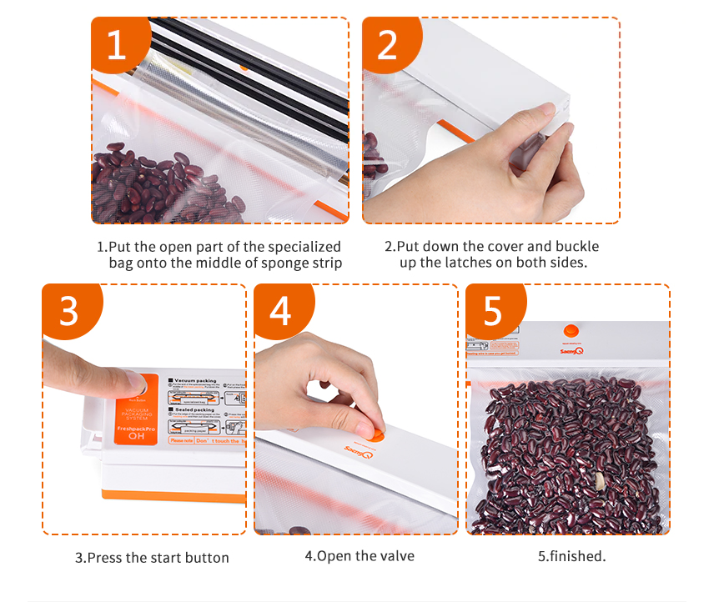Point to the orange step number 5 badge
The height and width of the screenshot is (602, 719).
click(x=493, y=311)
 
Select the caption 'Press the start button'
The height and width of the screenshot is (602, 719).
click(x=152, y=558)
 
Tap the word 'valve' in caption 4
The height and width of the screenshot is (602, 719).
click(x=396, y=556)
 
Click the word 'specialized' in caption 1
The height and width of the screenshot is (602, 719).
click(x=301, y=247)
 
